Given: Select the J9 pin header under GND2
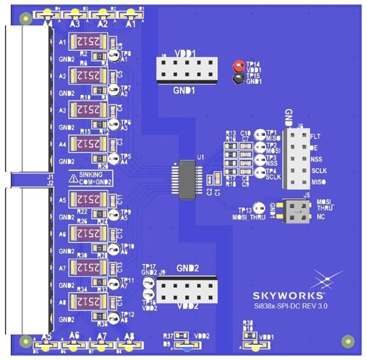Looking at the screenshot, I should point(187,288).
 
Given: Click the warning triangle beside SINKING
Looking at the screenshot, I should point(73,178).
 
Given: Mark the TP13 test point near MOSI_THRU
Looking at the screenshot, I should point(259,208).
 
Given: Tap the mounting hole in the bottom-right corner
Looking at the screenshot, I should point(348,340).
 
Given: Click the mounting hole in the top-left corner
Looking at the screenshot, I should point(24,18).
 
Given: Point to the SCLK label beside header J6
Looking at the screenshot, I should point(320,171).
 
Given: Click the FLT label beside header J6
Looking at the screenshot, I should point(316,135).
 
